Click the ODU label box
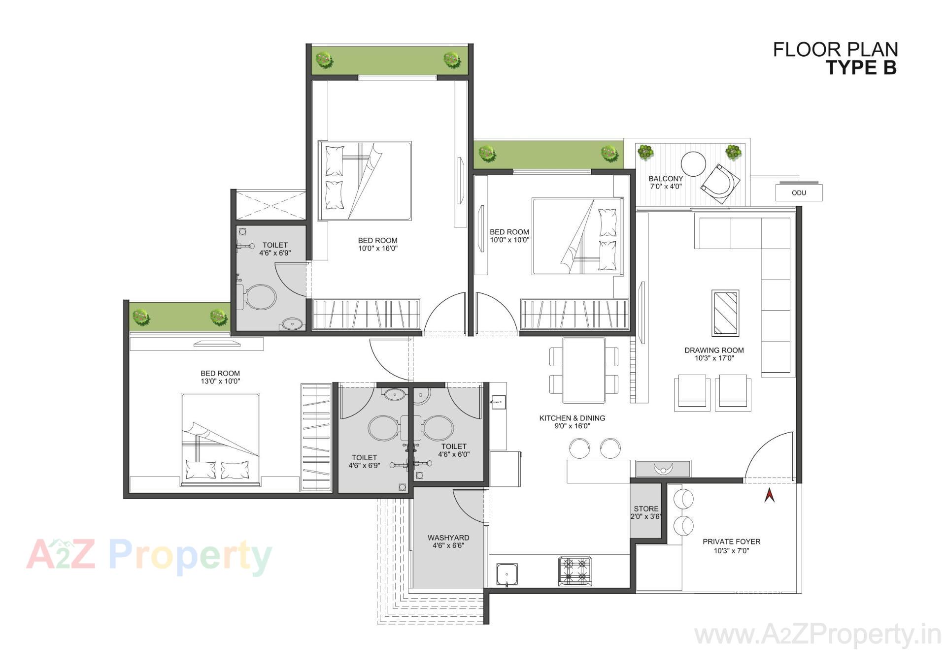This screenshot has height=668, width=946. coord(799,192)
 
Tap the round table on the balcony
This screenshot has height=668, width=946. coord(693,164)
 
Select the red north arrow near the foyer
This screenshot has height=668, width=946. coord(769,495)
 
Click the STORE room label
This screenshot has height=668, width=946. coord(646,509)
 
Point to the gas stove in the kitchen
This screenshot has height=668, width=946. coord(574,571)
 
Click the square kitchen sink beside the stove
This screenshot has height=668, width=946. coord(507,574)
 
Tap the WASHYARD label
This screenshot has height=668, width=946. coord(448,538)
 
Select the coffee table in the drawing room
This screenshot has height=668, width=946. coord(725,313)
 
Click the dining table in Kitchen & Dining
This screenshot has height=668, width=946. coord(584,370)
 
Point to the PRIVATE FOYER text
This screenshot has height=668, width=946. coord(731,541)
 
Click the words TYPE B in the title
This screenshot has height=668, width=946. coord(861,67)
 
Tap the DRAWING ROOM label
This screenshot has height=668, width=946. coord(714,350)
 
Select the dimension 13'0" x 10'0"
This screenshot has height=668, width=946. coord(220,381)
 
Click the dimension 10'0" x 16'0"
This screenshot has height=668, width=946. coord(377,248)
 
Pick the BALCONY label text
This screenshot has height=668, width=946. coord(666,179)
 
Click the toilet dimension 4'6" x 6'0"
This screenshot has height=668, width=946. coord(454,454)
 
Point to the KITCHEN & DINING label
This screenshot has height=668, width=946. coord(572,418)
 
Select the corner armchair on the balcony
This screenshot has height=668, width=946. coord(720,184)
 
